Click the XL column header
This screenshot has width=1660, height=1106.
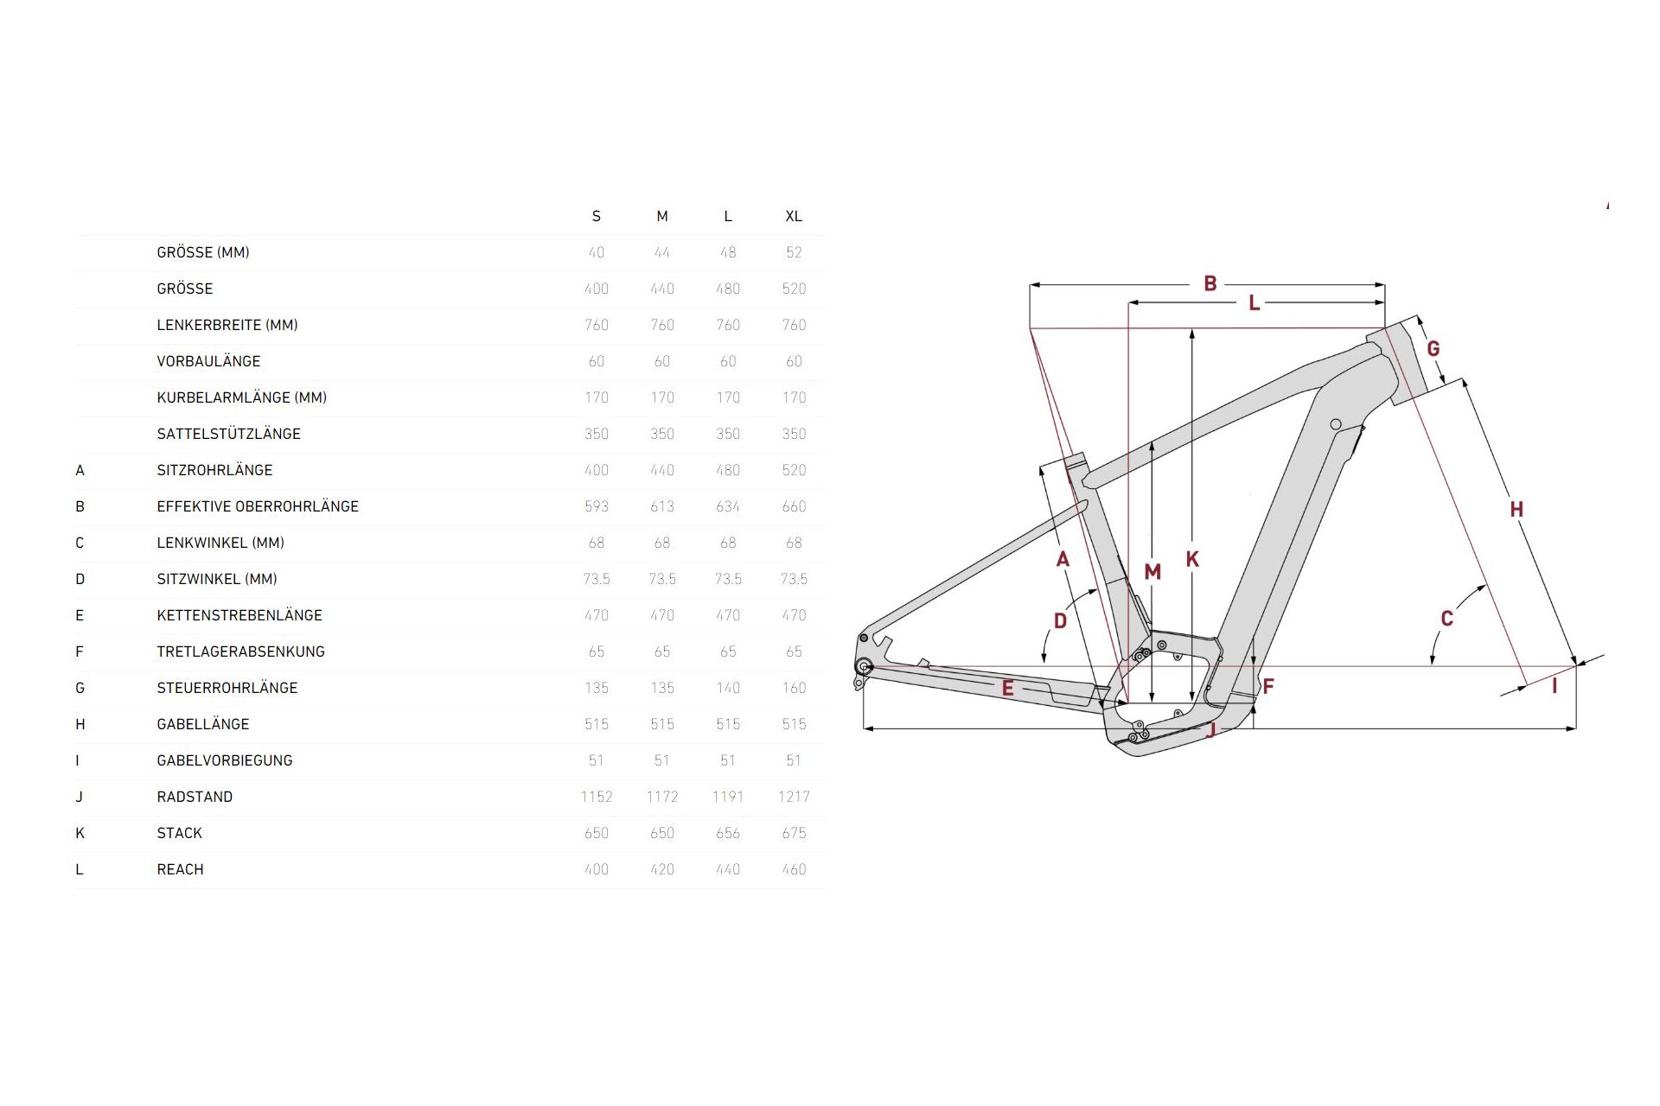coord(793,216)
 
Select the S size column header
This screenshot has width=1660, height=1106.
coord(596,216)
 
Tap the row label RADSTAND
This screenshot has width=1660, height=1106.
coord(195,797)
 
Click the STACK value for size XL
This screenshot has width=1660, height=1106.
coord(793,833)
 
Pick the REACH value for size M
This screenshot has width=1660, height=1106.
coord(661,869)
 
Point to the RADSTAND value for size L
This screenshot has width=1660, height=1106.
coord(727,797)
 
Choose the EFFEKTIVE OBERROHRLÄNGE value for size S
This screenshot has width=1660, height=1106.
coord(596,506)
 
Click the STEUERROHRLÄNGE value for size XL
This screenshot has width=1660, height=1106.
coord(793,688)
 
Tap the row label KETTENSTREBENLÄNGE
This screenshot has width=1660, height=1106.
coord(239,615)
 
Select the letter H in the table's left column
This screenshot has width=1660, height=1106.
coord(80,724)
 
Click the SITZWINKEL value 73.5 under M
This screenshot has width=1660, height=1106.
coord(661,579)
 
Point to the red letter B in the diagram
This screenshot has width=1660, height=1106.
coord(1210,283)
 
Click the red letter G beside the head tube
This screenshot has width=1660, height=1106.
coord(1433,349)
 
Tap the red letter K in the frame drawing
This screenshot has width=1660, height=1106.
coord(1192,559)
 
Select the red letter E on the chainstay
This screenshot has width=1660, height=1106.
coord(1007,689)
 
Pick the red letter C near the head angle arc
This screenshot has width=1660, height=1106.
coord(1446,619)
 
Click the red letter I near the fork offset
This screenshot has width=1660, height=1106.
coord(1555,686)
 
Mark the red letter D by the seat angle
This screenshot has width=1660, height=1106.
coord(1060,620)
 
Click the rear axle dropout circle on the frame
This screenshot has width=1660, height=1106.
coord(862,666)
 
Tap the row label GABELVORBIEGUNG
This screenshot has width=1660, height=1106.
coord(225,760)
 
